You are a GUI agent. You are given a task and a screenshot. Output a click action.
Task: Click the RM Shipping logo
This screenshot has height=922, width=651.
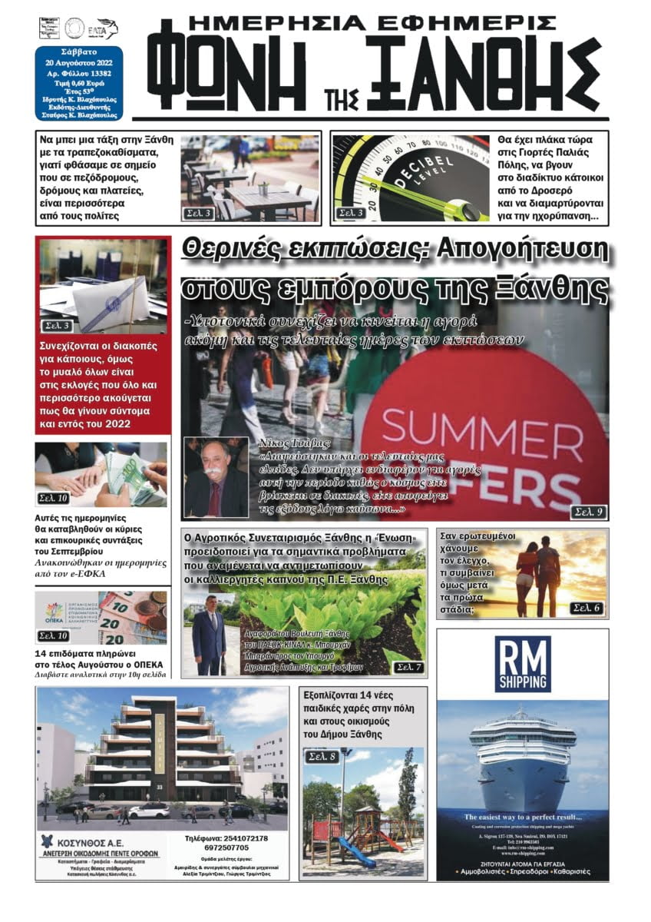click(x=522, y=663)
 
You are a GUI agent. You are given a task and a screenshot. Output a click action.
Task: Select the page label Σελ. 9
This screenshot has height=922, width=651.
click(x=589, y=511)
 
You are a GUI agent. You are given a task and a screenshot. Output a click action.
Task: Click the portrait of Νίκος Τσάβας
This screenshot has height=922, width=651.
click(x=216, y=477)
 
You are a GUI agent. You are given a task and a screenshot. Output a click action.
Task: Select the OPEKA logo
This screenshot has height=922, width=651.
click(x=55, y=612)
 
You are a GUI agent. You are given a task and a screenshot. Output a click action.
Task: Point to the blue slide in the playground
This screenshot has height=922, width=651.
click(x=359, y=850)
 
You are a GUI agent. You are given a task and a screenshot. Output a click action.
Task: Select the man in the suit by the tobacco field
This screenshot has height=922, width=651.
click(x=208, y=638)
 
